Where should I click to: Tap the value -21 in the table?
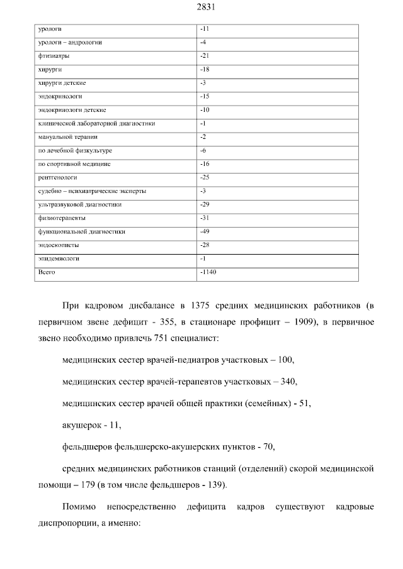[204, 56]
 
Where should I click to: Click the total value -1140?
[207, 272]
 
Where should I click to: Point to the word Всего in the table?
[47, 272]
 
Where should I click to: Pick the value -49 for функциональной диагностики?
[204, 231]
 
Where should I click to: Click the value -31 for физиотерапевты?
[204, 218]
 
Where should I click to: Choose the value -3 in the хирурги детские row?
[203, 83]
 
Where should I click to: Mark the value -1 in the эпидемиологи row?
[203, 258]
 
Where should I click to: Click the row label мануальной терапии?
[67, 137]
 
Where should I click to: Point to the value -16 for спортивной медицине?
[204, 164]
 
